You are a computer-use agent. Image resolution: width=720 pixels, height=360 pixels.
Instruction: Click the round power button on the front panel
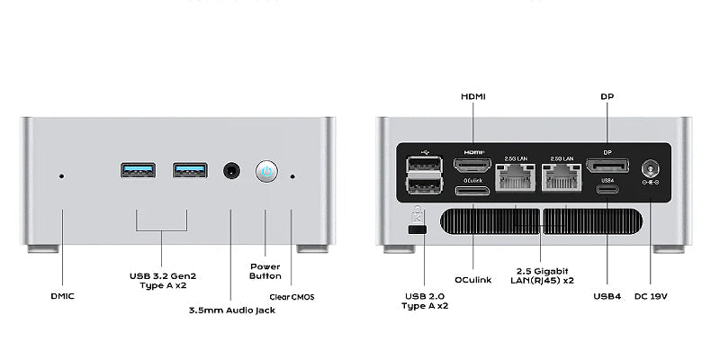[265, 171]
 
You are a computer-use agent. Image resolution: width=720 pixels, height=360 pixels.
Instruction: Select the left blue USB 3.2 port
[137, 170]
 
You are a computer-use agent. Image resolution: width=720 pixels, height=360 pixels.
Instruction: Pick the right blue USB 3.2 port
[190, 170]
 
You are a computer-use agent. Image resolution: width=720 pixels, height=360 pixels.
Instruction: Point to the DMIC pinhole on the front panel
[61, 175]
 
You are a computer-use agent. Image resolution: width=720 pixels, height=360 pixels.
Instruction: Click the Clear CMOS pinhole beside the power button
[292, 175]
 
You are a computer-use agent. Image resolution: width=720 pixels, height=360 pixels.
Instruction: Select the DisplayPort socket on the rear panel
[607, 166]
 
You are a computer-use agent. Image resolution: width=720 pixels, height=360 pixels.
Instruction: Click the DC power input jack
[650, 168]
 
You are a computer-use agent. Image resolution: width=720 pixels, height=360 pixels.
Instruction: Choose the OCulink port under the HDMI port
[472, 190]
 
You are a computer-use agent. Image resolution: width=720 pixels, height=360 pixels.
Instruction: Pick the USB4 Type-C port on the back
[607, 189]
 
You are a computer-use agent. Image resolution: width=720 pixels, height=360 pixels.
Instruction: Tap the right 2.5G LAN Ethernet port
[562, 175]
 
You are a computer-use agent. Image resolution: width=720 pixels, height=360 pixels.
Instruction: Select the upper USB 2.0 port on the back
[424, 164]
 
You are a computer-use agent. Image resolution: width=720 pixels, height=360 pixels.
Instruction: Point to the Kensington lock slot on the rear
[417, 231]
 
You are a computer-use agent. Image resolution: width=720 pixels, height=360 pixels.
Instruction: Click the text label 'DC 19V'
[651, 295]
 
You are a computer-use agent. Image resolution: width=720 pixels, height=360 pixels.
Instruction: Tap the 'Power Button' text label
[265, 271]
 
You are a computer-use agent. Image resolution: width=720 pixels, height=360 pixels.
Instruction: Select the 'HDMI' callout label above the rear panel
[473, 95]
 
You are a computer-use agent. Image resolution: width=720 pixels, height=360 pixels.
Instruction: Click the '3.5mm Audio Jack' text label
[231, 310]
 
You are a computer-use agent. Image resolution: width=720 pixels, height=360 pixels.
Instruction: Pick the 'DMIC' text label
[63, 295]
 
